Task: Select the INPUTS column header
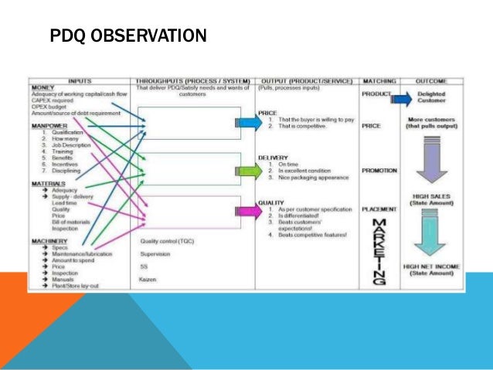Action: pos(81,80)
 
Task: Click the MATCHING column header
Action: pos(380,80)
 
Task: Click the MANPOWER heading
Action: pos(48,124)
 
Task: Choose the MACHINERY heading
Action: pos(48,241)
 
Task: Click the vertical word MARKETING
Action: pos(379,251)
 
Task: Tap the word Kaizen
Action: pos(149,277)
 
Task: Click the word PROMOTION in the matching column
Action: pos(379,170)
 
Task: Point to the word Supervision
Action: pos(157,253)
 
